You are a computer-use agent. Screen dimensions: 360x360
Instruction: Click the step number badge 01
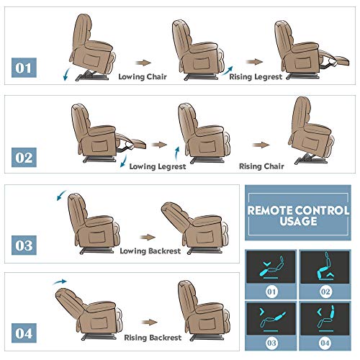(x=24, y=69)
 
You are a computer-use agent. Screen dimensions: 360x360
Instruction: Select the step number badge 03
(x=24, y=244)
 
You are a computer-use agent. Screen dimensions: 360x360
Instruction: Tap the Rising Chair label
(x=262, y=166)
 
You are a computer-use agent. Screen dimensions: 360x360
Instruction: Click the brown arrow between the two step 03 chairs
(x=148, y=236)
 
